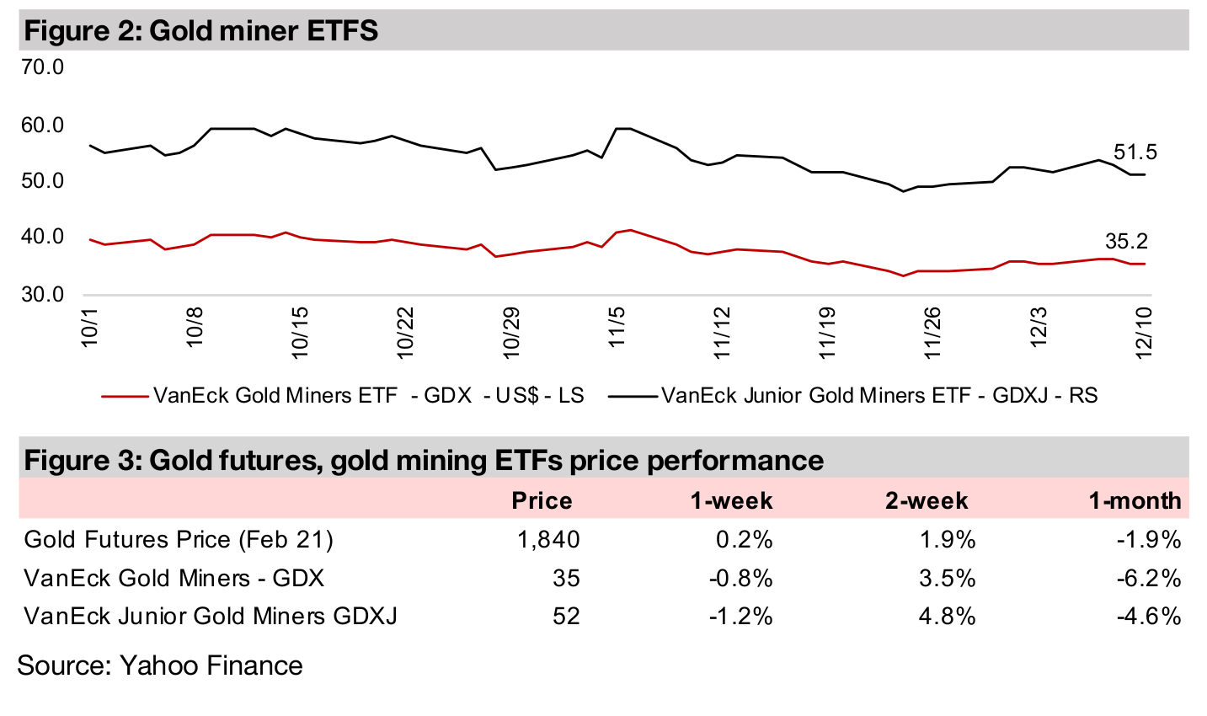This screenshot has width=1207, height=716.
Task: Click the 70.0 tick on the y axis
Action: pos(43,67)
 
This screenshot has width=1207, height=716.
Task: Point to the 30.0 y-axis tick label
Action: pos(43,294)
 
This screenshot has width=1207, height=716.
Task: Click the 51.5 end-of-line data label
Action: pos(1135,152)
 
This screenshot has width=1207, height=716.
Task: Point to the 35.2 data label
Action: pos(1126,243)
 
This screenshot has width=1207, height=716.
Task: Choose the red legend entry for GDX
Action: pos(342,395)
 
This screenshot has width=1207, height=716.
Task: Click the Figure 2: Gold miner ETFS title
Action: pos(201,31)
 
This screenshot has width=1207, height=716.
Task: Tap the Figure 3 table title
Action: pos(424,460)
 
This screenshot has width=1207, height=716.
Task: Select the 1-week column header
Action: pos(731,500)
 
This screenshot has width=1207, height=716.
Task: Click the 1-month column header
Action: pos(1134,500)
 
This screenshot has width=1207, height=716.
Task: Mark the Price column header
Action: pos(542,500)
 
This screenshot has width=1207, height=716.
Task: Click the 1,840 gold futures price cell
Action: pos(548,539)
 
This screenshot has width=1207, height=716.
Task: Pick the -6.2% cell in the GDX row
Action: pos(1149,578)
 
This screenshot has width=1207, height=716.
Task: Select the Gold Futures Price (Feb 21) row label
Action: pos(179,539)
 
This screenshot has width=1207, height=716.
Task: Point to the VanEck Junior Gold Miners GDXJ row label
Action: pos(211,616)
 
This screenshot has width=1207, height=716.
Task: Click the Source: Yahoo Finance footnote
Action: pos(160,665)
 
